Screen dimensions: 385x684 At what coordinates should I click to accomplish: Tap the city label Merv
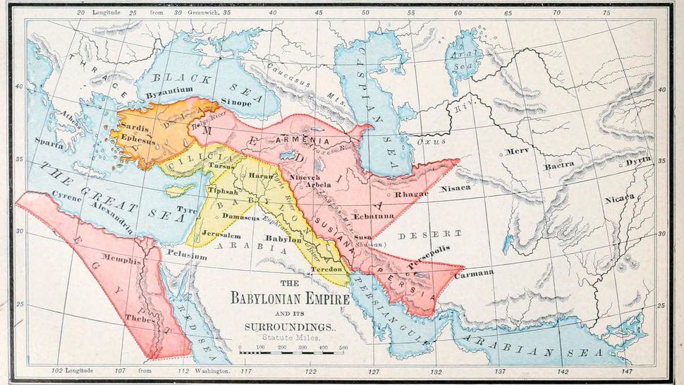point(517,152)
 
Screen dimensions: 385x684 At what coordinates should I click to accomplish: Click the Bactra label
point(558,166)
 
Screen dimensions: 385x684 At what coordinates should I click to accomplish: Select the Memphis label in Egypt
point(121,261)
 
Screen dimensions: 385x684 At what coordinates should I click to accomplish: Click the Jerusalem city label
point(202,235)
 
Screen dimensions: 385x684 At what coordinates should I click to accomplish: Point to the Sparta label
point(49,145)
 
